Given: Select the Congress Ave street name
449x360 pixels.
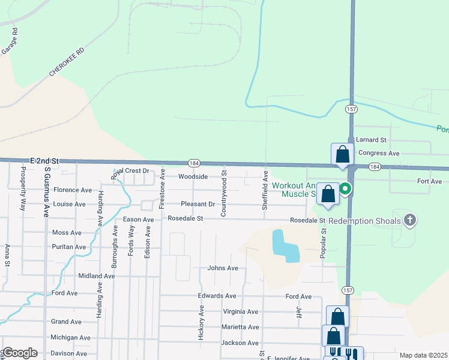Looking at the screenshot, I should [x=379, y=153].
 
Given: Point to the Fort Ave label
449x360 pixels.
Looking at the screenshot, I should [x=429, y=181].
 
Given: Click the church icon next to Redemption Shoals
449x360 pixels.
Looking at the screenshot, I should [x=410, y=220].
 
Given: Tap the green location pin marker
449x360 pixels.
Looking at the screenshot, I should [x=346, y=190].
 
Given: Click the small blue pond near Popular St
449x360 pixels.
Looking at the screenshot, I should [x=285, y=245].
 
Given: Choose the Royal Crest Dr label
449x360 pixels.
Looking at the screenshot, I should [x=131, y=171].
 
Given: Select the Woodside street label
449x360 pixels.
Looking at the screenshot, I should [x=193, y=176].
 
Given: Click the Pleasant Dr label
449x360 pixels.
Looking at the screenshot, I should [x=197, y=204].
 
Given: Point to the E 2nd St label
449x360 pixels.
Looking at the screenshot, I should [x=44, y=161].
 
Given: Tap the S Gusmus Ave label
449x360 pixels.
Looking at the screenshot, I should [x=46, y=191].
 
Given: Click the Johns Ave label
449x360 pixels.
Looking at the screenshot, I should [x=223, y=268].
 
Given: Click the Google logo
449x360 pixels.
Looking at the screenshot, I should [x=19, y=353].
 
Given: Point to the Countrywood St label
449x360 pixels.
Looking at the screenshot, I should [x=223, y=193].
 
